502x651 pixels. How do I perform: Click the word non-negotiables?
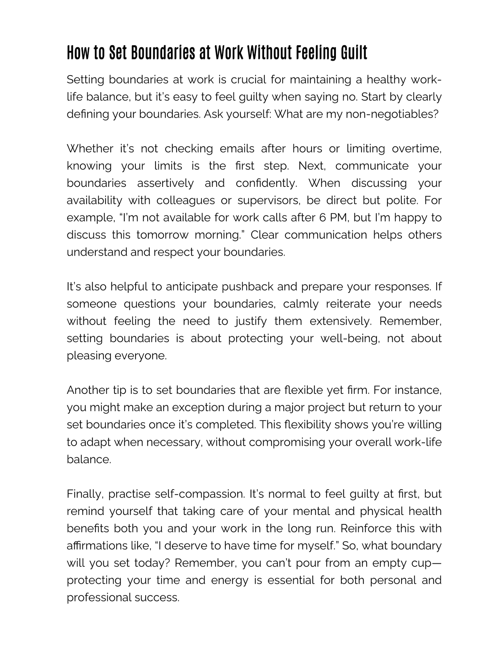[x=389, y=114]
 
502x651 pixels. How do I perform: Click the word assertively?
[x=165, y=183]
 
